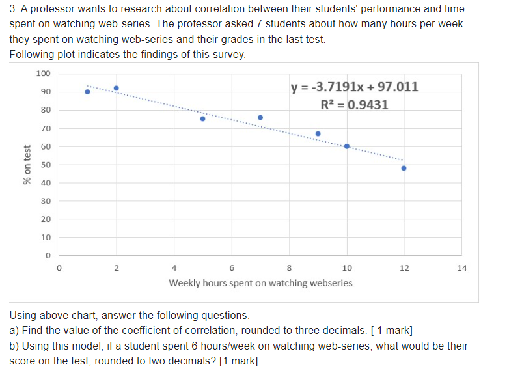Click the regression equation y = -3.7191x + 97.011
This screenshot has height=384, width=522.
pos(355,87)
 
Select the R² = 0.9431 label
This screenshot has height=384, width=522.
pos(355,105)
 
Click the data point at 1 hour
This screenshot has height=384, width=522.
pos(87,92)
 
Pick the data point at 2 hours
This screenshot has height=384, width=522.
pos(117,88)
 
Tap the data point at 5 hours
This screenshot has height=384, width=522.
pos(202,118)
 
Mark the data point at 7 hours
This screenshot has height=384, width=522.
pos(260,118)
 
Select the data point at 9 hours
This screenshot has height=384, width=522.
pos(318,134)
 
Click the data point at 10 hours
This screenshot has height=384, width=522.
pos(347,146)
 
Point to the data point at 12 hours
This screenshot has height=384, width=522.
pos(404,168)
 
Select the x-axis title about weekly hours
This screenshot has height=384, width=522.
pos(260,283)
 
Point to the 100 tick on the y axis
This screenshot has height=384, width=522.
pos(43,73)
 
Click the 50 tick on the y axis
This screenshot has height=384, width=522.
pos(46,164)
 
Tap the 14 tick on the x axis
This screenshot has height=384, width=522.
pos(462,267)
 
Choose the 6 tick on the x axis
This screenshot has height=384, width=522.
pos(232,267)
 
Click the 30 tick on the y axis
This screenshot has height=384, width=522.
pos(46,201)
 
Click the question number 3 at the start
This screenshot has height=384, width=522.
pos(13,9)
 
